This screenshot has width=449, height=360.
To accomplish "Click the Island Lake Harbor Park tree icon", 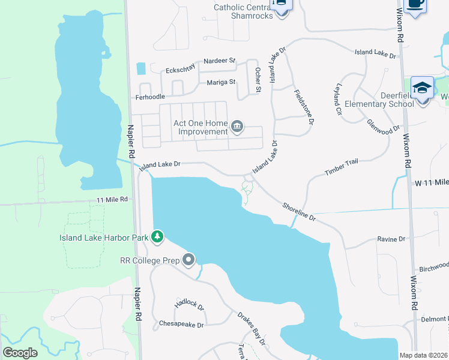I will click(157, 238).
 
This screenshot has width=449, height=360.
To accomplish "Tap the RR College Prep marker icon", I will click(189, 260).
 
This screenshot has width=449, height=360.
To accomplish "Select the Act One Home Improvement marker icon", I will click(237, 127).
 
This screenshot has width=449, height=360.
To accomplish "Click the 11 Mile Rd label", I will click(112, 199).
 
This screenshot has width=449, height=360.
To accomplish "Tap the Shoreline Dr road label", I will click(299, 212).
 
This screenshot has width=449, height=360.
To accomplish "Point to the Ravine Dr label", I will click(391, 239).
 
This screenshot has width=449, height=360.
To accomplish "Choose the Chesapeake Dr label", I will click(181, 324).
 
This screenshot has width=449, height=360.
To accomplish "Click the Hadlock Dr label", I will click(190, 304).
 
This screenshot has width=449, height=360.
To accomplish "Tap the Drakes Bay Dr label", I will click(252, 327).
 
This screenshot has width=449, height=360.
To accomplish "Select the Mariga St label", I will click(221, 82).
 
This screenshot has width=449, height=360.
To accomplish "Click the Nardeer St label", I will click(220, 61).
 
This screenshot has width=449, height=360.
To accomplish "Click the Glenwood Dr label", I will click(384, 127).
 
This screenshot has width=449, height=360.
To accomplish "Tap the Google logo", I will click(20, 353).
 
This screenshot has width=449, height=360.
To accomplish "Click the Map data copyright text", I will click(424, 355).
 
